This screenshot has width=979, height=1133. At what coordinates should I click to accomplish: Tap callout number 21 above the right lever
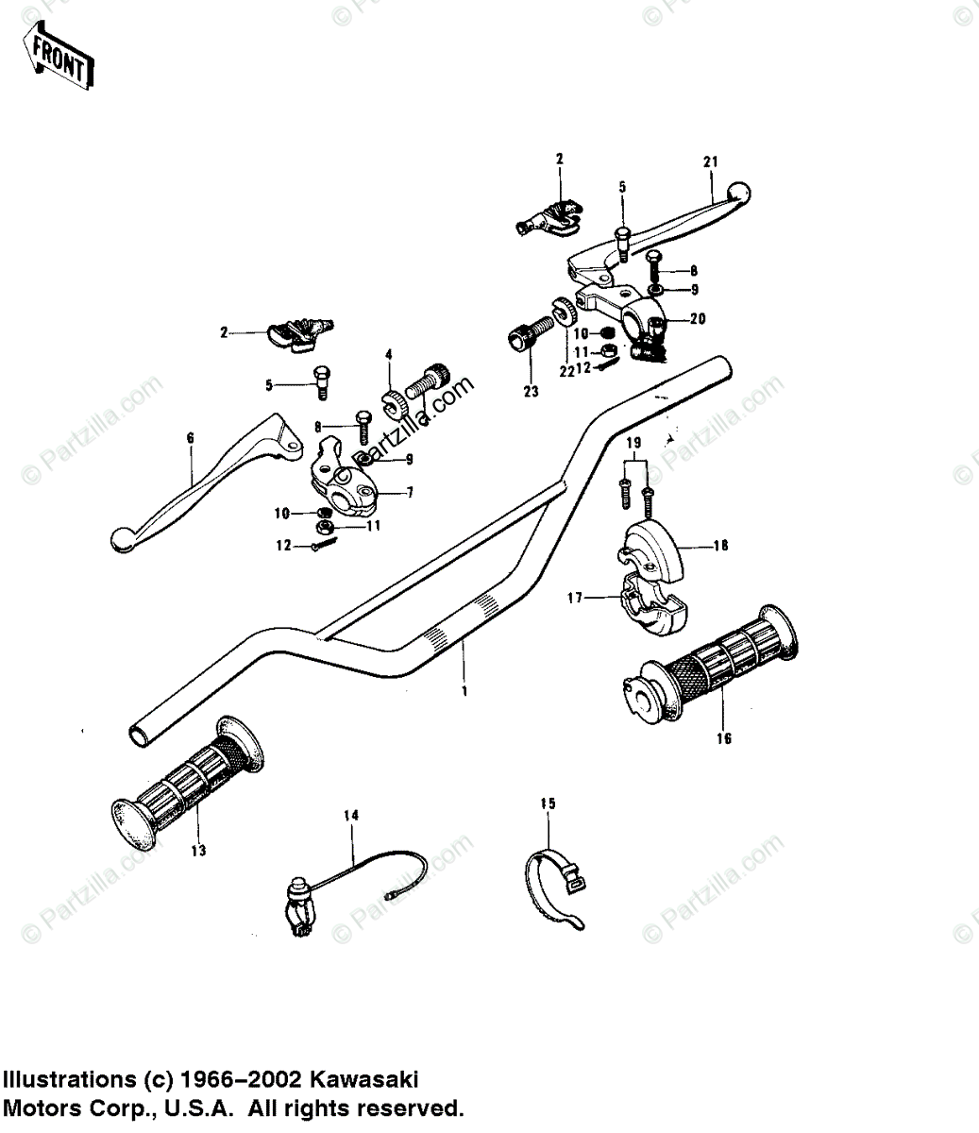[x=711, y=161]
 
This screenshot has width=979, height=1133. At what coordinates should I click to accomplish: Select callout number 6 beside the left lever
[x=189, y=438]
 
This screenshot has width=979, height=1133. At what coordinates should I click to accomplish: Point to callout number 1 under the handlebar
[x=464, y=691]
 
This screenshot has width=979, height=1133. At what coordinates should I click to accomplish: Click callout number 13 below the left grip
[x=197, y=851]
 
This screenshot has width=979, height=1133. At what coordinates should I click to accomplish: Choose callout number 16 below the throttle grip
[x=724, y=738]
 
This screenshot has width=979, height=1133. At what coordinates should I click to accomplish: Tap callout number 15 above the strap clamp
[x=549, y=803]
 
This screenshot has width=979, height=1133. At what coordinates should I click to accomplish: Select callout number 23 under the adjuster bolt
[x=531, y=391]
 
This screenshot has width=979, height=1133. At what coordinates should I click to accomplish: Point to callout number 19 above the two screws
[x=633, y=442]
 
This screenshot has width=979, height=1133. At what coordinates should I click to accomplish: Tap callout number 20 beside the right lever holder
[x=698, y=318]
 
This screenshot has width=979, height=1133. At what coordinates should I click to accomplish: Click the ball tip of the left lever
[x=121, y=539]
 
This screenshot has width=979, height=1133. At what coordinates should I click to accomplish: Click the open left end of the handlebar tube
[x=138, y=733]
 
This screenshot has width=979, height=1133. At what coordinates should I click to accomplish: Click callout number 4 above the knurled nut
[x=387, y=355]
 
